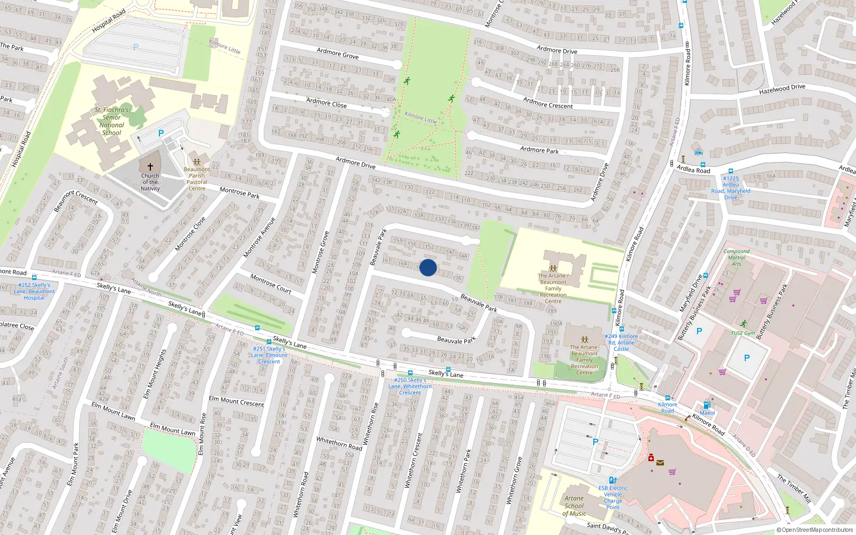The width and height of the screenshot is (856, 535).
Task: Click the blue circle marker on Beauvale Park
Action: click(x=428, y=267)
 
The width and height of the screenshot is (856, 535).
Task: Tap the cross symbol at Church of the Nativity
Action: click(x=150, y=167)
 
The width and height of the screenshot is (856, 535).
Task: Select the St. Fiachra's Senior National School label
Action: click(x=112, y=121)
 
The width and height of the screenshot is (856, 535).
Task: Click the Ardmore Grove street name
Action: click(x=338, y=53)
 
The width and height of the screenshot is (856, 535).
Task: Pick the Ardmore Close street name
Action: click(x=326, y=103)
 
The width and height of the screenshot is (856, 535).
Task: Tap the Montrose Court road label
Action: click(x=271, y=284)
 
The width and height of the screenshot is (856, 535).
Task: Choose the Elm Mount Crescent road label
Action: click(x=236, y=401)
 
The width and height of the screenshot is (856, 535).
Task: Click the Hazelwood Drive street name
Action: click(x=782, y=89)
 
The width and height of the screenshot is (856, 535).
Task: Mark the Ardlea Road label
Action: click(x=693, y=170)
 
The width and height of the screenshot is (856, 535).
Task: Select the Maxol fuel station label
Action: click(x=707, y=412)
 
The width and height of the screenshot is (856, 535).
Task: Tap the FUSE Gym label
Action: click(x=743, y=333)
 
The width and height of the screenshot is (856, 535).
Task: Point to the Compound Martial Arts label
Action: click(x=737, y=257)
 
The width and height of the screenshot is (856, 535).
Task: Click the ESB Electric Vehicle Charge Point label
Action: click(x=613, y=498)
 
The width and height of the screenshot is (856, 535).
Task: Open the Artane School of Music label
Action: click(x=574, y=506)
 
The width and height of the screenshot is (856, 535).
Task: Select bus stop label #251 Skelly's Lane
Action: click(x=270, y=355)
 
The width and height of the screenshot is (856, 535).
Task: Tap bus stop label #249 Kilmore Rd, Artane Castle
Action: click(x=621, y=342)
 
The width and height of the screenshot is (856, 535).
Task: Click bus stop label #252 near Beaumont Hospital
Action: click(x=34, y=292)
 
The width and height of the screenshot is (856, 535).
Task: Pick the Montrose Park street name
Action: click(x=239, y=193)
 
